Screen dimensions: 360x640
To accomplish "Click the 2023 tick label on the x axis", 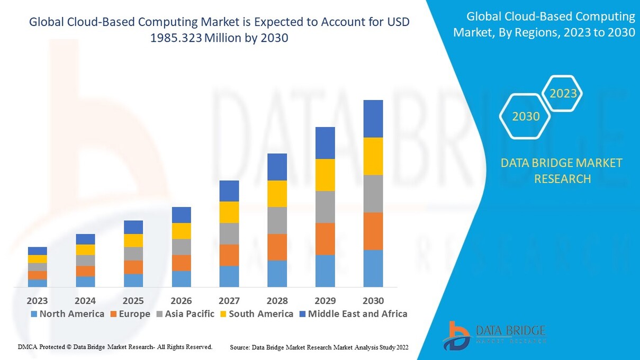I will [x=37, y=301].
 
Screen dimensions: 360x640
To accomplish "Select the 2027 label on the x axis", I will [x=229, y=301].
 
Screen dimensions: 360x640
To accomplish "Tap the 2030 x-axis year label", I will [x=373, y=301].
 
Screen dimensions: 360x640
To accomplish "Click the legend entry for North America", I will [x=67, y=314].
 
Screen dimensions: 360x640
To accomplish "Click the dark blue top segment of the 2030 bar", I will [x=373, y=119].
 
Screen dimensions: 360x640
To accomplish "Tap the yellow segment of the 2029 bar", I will [x=325, y=175].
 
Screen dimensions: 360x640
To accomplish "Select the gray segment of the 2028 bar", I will [x=277, y=220].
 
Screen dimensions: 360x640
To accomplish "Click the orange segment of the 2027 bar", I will [x=229, y=255].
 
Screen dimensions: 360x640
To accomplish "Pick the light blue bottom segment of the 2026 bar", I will [x=181, y=279].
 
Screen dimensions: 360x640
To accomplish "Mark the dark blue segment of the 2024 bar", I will [x=85, y=239].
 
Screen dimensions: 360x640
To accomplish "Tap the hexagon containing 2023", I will [x=563, y=94].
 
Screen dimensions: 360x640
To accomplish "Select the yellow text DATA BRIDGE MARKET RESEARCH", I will [x=562, y=170].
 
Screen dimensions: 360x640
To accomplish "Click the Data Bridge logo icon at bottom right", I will [x=456, y=335].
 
